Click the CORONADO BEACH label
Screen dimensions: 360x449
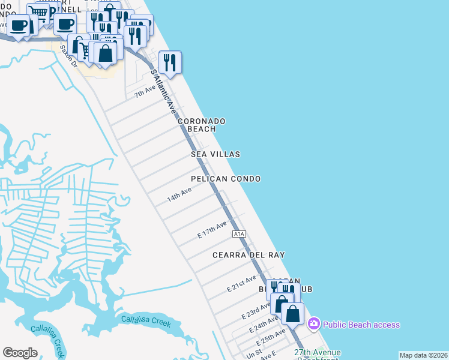point(201,125)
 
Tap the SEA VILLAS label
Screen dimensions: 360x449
point(215,154)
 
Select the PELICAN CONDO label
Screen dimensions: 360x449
point(226,179)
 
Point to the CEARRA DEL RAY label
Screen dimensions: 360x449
point(249,255)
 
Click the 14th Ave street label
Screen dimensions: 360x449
point(179,194)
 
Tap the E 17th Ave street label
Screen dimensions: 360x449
point(212,230)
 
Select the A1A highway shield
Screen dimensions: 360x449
point(239,233)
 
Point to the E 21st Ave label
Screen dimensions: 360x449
point(241,284)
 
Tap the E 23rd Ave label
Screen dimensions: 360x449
point(256,310)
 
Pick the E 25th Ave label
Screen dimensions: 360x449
point(271,335)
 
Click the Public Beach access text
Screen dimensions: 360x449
point(361,325)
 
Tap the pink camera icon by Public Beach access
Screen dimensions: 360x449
point(313,325)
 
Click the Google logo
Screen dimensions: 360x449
point(20,352)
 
